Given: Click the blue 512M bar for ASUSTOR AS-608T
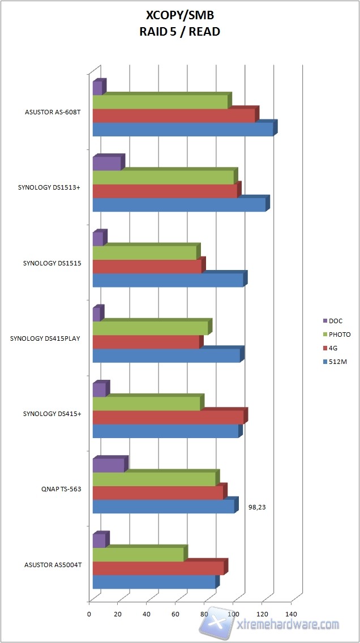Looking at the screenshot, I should point(183,130).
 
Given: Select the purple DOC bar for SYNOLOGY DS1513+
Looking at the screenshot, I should point(107,164).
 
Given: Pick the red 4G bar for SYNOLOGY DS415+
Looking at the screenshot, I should point(168,417).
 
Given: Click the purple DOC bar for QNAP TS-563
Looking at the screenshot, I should point(108,465).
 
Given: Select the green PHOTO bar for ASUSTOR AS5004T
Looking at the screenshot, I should point(138,555).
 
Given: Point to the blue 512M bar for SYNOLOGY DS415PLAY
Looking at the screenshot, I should point(166,355).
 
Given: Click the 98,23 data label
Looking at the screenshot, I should point(257,507).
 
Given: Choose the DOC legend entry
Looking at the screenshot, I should point(336,321).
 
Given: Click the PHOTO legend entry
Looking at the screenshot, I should point(339,335).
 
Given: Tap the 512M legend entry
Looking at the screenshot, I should point(337,362).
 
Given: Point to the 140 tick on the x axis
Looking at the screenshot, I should point(291,614).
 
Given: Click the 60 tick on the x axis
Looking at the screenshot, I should point(175,614).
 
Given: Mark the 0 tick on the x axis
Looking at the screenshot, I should point(89,614).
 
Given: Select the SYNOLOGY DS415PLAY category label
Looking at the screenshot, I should point(45,338).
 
